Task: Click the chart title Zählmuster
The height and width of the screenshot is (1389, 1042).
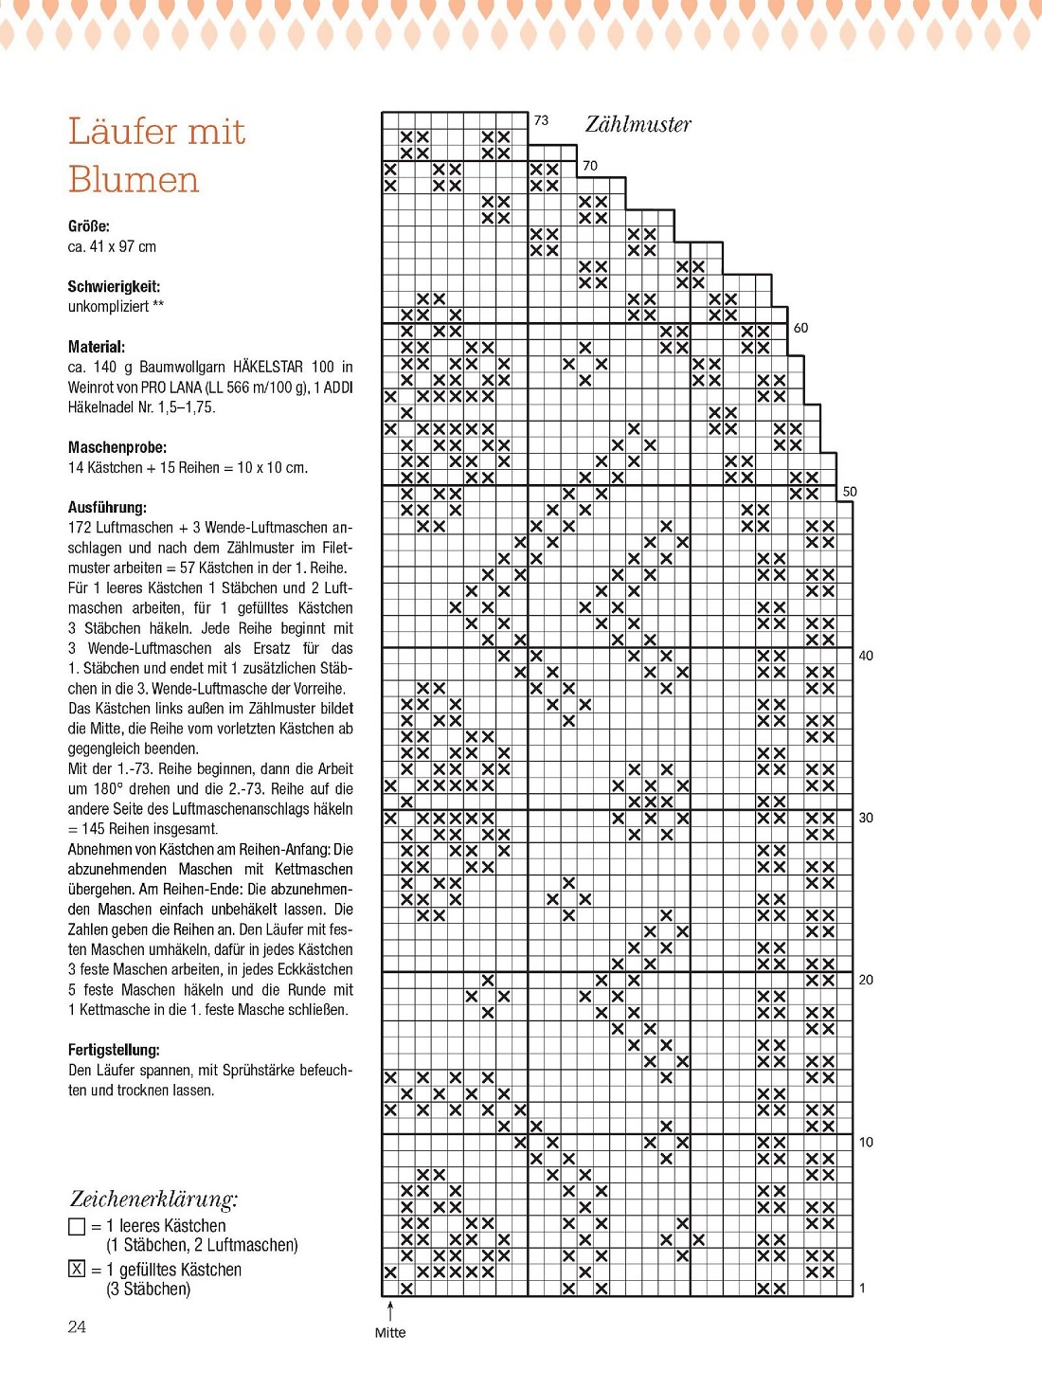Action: (638, 124)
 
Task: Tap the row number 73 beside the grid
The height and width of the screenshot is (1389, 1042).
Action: (541, 120)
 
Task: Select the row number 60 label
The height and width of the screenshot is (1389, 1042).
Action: (800, 328)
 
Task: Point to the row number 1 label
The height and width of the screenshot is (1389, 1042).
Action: (862, 1288)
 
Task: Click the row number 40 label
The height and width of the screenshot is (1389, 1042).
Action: (866, 655)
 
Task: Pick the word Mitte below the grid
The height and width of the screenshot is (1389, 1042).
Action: (389, 1332)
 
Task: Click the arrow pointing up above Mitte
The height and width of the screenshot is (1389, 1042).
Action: (390, 1309)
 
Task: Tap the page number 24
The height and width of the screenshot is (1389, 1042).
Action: (77, 1326)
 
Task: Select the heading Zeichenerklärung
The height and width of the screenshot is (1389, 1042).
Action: (153, 1199)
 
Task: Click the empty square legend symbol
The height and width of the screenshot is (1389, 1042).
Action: (78, 1226)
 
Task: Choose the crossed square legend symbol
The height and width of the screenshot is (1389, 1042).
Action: (78, 1269)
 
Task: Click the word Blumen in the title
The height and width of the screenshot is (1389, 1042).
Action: (134, 179)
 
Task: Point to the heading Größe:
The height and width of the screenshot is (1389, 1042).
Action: (88, 225)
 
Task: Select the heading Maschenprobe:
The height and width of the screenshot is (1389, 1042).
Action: (117, 447)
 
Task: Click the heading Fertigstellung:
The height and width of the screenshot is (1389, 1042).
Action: (114, 1050)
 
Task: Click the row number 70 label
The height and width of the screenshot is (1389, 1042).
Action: (590, 165)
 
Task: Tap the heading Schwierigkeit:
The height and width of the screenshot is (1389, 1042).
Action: (114, 286)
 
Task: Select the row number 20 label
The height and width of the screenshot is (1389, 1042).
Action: (866, 980)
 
